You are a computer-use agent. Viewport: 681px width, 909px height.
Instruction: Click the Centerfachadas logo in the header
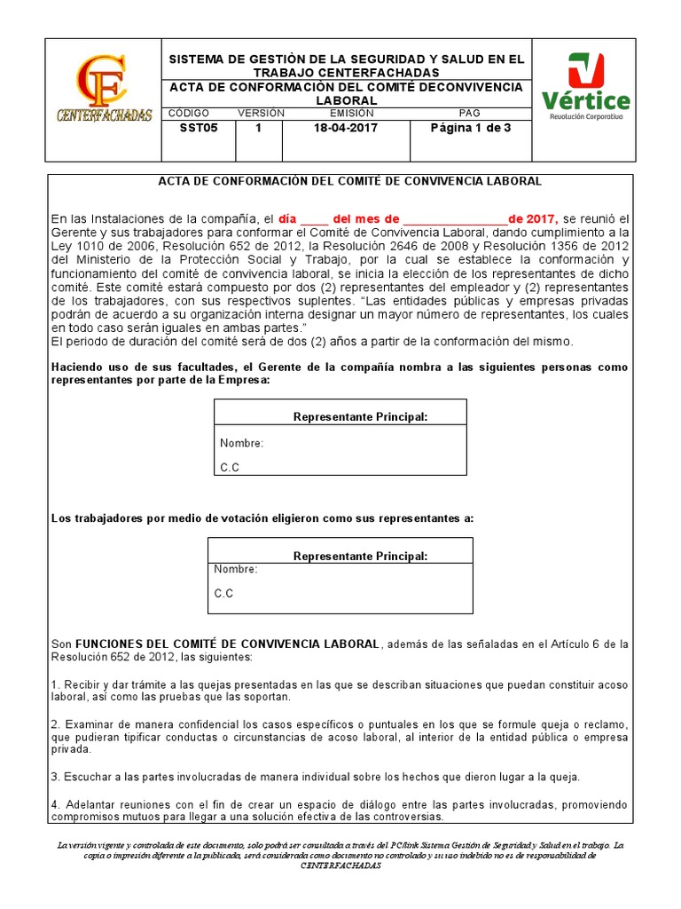(x=103, y=91)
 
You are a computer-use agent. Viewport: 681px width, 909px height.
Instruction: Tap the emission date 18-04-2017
(x=345, y=128)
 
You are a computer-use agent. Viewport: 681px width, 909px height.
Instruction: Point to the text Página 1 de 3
(x=470, y=128)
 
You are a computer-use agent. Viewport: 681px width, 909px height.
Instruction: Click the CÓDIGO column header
(x=188, y=114)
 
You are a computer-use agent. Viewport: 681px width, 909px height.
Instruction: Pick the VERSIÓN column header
(x=261, y=114)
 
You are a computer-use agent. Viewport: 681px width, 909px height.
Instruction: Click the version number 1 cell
(x=258, y=128)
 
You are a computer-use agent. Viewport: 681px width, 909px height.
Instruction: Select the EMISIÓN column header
(x=345, y=114)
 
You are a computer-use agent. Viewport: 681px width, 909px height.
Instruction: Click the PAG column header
(x=469, y=114)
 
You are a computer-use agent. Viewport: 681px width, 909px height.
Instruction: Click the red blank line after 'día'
(x=315, y=219)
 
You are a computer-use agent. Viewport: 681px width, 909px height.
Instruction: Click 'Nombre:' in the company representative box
(x=241, y=443)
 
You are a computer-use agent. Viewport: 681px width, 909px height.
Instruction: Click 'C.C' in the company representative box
(x=229, y=467)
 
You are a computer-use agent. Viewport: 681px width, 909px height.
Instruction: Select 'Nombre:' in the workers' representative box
(x=236, y=569)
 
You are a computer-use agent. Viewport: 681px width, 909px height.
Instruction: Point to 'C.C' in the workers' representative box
(x=223, y=593)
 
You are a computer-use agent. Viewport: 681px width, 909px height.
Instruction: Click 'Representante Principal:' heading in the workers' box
(x=360, y=556)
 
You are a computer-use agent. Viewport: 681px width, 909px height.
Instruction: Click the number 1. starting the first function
(x=54, y=685)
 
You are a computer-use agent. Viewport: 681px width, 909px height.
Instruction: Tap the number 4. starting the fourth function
(x=54, y=804)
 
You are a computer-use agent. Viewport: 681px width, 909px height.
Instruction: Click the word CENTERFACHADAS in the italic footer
(x=340, y=866)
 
